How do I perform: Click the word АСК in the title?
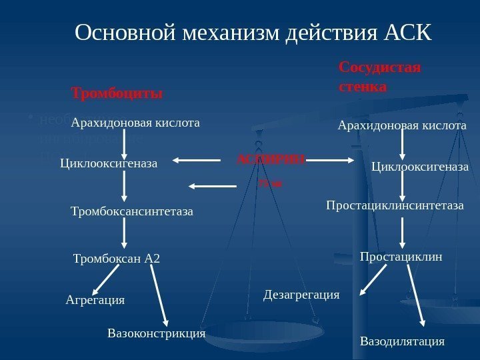[408, 33]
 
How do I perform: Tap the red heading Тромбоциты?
[117, 92]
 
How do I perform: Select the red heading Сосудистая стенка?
[380, 77]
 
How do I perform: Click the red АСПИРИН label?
[271, 160]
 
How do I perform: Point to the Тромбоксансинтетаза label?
[131, 212]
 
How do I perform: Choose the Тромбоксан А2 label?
[117, 258]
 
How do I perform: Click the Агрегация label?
[95, 300]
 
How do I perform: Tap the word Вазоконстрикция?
[156, 332]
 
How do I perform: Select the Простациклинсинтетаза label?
[395, 206]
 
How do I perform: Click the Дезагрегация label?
[302, 294]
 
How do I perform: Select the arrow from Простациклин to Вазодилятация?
[415, 289]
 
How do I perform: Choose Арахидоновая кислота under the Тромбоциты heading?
[135, 123]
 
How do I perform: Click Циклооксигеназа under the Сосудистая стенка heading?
[420, 166]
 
